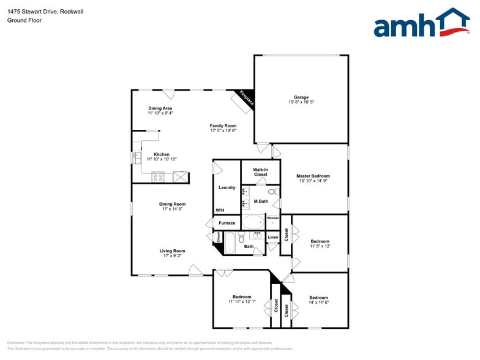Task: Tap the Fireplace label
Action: point(246,99)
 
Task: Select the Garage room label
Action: point(301,97)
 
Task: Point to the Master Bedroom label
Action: point(313,176)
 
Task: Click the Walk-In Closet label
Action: point(260,171)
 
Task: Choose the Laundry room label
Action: point(227,187)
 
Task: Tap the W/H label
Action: point(220,210)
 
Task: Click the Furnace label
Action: point(227,223)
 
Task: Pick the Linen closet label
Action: point(273,237)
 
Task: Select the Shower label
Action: point(272,218)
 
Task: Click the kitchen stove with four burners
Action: point(158,178)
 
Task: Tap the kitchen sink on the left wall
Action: point(136,158)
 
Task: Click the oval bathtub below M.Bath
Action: point(252,222)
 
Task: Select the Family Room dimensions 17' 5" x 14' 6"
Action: point(223,130)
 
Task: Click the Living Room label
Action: point(173,250)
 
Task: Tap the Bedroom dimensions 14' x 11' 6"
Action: point(318,302)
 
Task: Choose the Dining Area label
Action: point(160,108)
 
